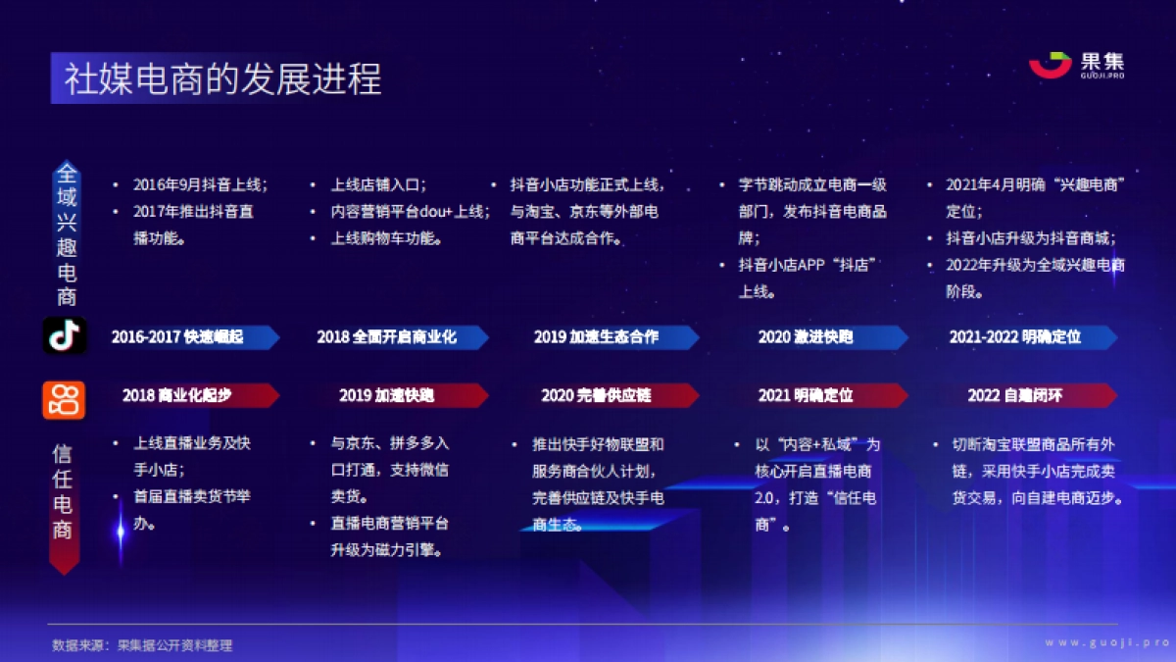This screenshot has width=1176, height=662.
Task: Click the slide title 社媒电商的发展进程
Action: [223, 78]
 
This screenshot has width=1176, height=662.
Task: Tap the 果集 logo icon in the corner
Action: [1050, 64]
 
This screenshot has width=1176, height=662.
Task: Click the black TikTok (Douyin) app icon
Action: [65, 336]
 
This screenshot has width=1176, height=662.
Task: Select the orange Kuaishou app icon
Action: [64, 397]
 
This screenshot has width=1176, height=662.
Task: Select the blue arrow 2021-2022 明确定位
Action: [1025, 337]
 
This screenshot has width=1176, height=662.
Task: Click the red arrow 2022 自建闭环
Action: [1025, 395]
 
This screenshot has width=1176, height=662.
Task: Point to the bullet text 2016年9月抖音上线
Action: [200, 184]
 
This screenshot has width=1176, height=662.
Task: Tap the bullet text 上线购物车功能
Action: [386, 238]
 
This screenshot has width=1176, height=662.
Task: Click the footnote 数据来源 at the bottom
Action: [142, 645]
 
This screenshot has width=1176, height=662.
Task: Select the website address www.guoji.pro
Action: [1106, 642]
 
